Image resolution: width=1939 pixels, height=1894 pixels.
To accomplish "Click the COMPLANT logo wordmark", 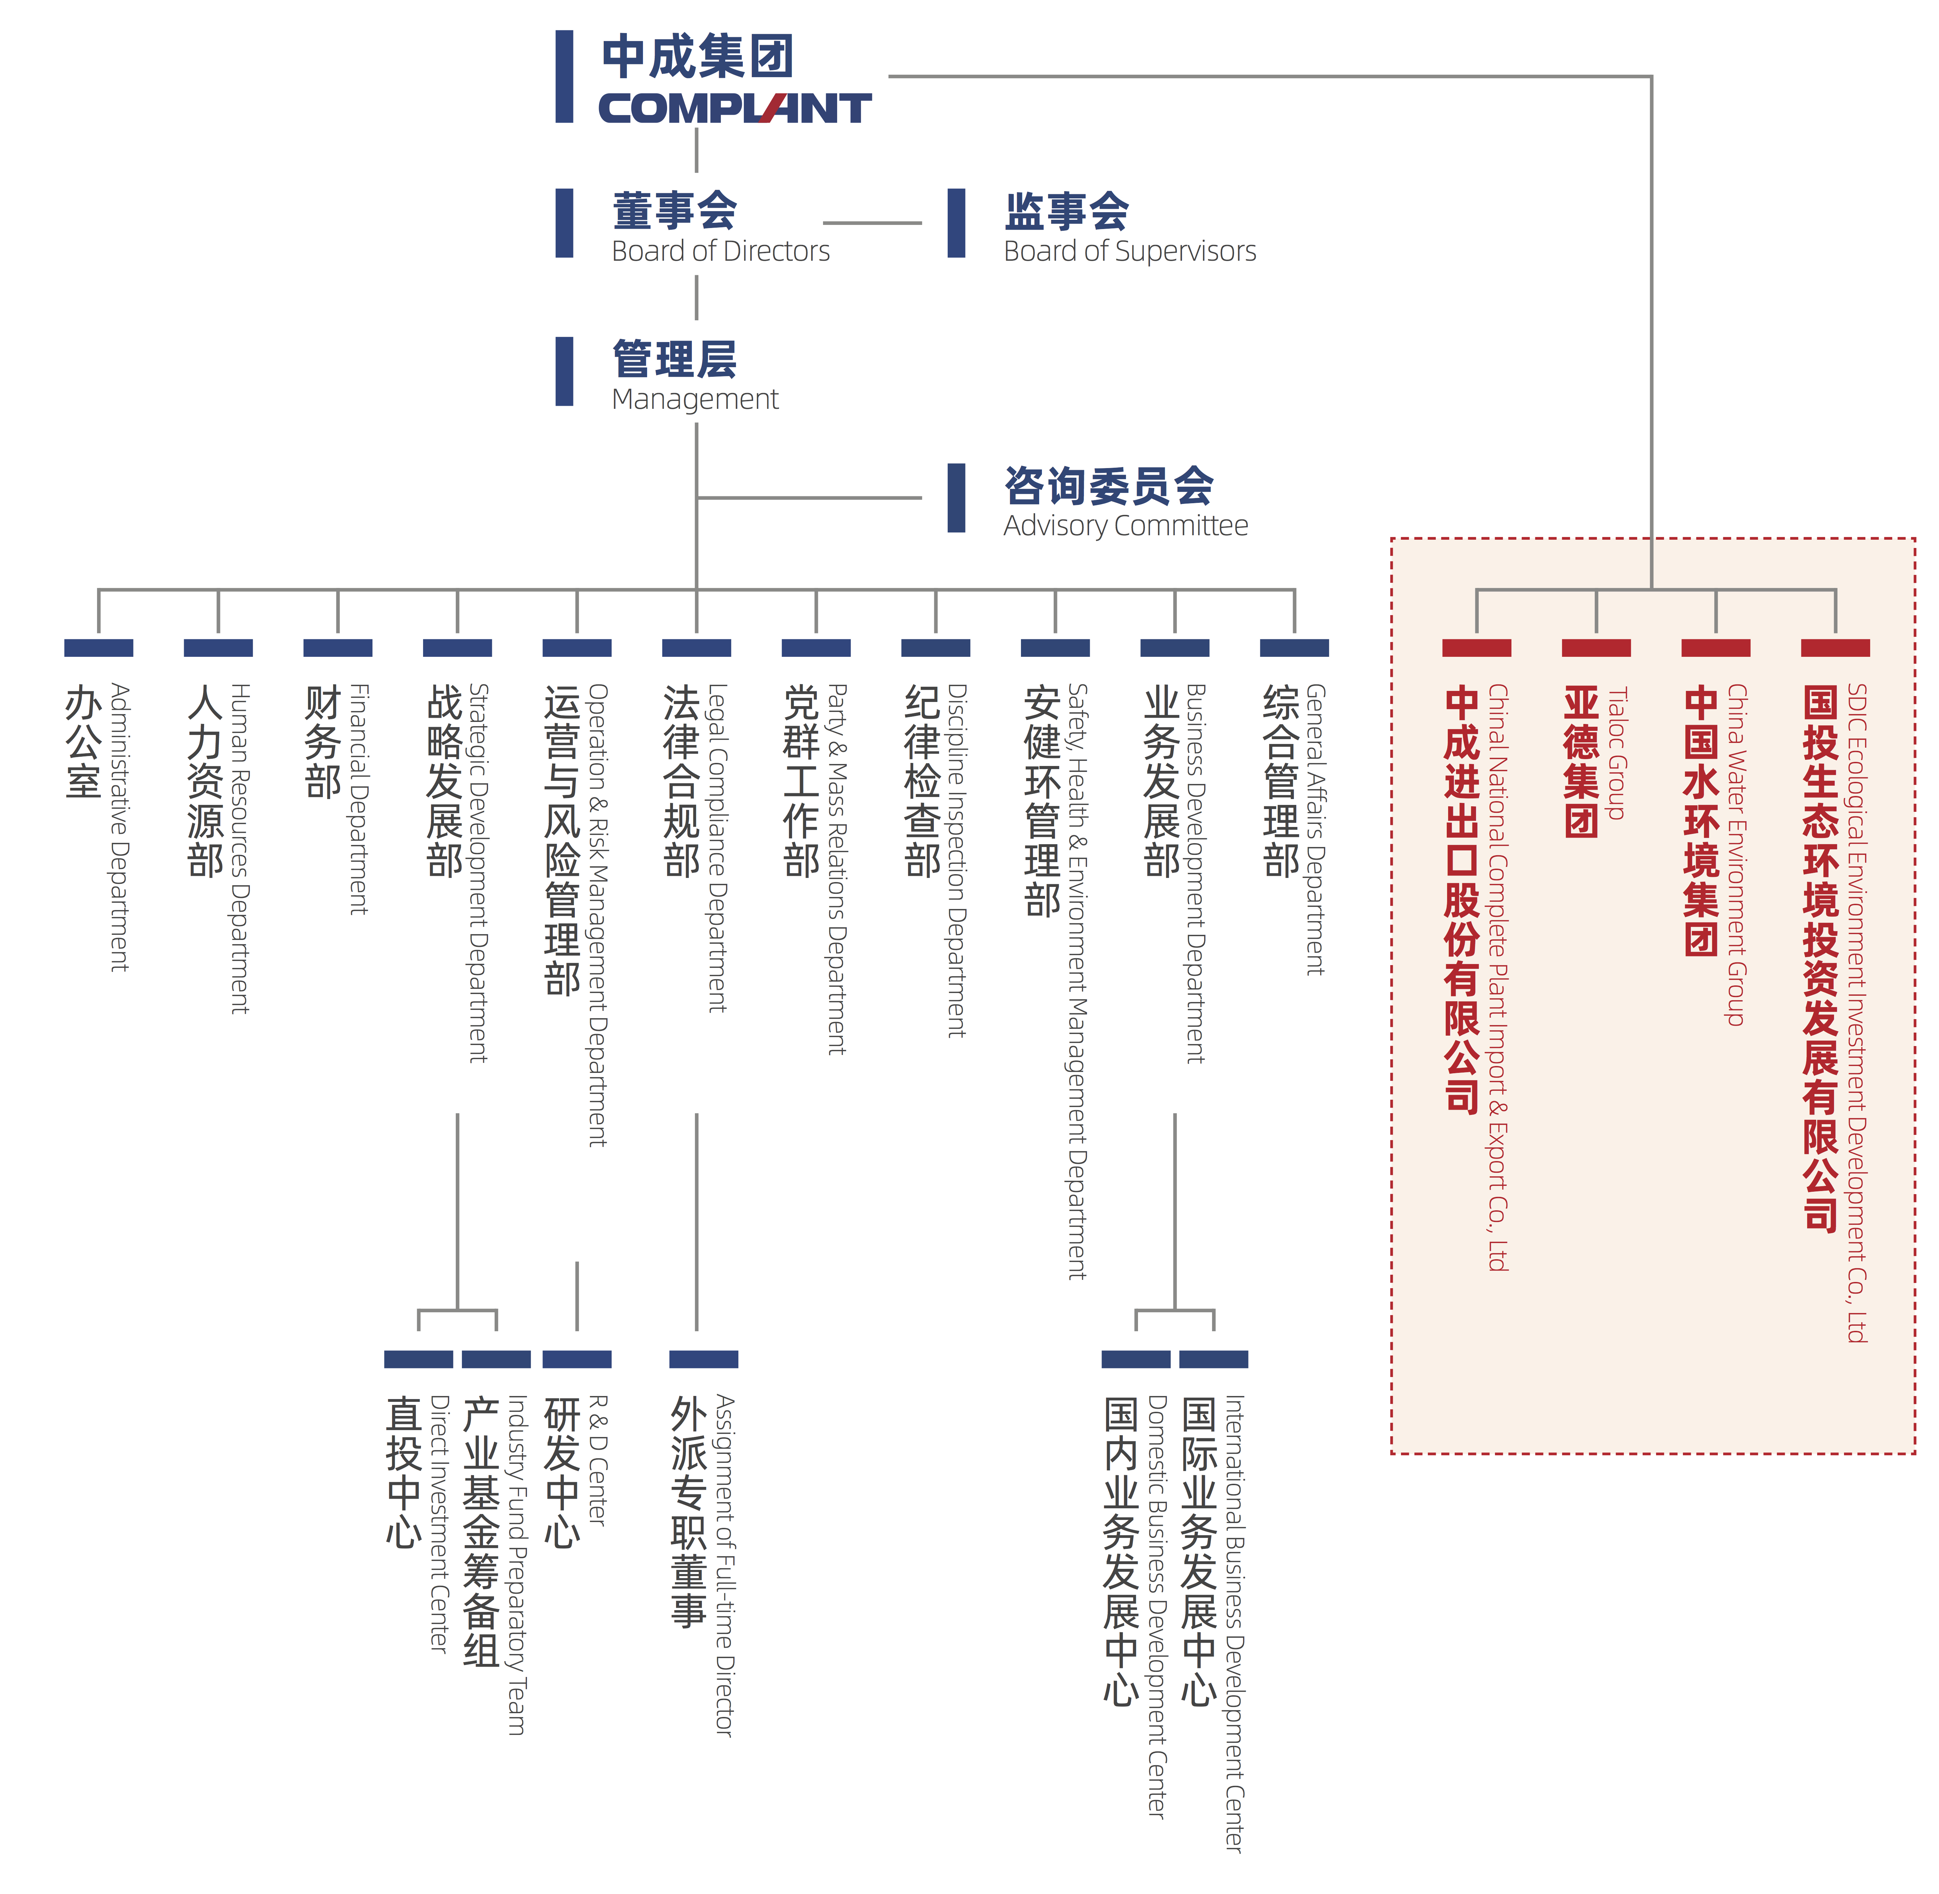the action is coord(735,107).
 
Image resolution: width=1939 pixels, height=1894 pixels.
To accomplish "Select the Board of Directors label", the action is coord(721,251).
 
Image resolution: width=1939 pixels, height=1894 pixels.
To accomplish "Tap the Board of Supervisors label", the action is coord(1130,251).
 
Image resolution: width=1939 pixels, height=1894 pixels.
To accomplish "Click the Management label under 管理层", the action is coord(695,399).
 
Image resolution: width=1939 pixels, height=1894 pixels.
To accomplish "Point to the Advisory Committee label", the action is coord(1126,525).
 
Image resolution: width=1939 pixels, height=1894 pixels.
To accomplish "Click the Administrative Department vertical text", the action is coord(119,827).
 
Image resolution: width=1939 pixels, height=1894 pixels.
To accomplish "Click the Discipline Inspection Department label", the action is coord(957,860).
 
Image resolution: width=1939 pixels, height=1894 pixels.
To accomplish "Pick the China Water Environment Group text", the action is coord(1737,855).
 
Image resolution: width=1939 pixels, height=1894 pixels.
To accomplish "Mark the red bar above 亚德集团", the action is coord(1596,648).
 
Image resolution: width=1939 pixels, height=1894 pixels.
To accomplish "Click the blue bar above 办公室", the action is coord(98,648).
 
